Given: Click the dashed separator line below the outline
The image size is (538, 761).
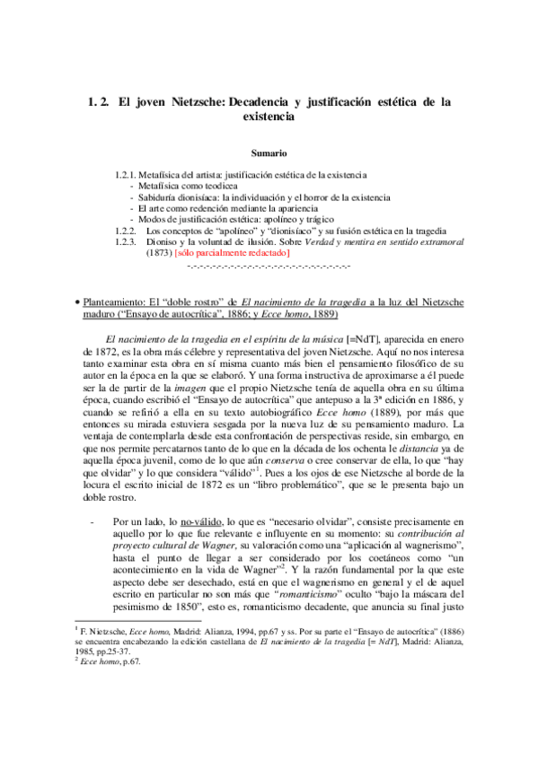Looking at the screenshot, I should coord(268,267).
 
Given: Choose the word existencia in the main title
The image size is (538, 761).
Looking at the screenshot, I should coord(268,117).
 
